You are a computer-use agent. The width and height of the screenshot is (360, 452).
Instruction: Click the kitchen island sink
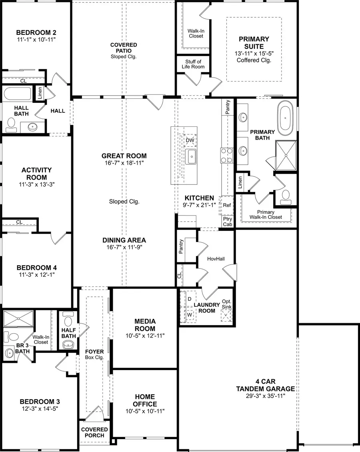tap(191, 156)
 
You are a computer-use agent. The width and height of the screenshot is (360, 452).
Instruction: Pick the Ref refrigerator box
tap(227, 205)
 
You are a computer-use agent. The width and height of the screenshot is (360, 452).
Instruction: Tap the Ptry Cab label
tap(227, 222)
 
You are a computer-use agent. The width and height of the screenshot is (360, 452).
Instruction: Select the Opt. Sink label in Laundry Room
tap(227, 304)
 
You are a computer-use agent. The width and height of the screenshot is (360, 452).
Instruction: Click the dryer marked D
tap(189, 299)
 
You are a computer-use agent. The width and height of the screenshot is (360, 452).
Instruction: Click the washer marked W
tap(189, 315)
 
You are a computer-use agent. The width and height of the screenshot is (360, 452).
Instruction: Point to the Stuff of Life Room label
tap(193, 64)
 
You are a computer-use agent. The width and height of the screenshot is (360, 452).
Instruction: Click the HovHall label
tap(216, 259)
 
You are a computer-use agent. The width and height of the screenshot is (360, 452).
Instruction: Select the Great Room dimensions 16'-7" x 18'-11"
tap(124, 163)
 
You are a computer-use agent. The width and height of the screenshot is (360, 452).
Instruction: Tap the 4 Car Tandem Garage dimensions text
tap(265, 396)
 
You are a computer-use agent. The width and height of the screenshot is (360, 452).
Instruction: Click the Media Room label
tap(145, 325)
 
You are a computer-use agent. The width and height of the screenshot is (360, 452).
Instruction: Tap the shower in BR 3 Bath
tap(18, 318)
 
